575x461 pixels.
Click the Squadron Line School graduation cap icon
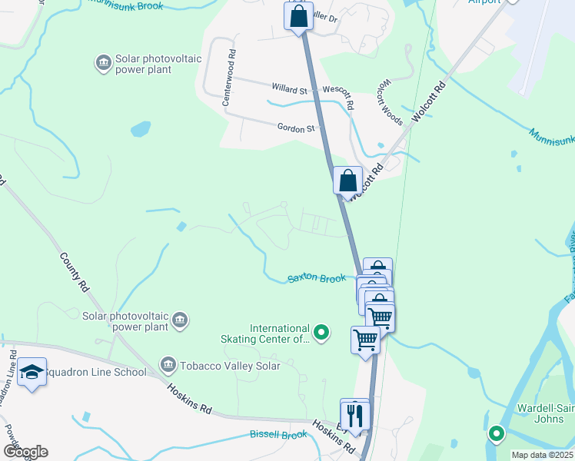(32, 373)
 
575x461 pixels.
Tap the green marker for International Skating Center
(322, 333)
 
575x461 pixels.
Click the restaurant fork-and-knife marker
(355, 415)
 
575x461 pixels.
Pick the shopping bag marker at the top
(298, 15)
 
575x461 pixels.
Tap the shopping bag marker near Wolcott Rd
(347, 181)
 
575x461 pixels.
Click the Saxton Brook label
(317, 278)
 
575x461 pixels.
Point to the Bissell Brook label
(278, 435)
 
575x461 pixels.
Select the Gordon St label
(296, 128)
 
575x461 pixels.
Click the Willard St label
(288, 90)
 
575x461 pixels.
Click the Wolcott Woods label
(390, 102)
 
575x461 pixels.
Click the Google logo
(25, 452)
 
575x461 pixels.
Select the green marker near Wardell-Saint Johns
(496, 433)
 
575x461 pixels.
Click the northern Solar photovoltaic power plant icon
(102, 62)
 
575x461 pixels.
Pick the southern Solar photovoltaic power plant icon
(179, 319)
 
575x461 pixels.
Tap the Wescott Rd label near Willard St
(337, 95)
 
